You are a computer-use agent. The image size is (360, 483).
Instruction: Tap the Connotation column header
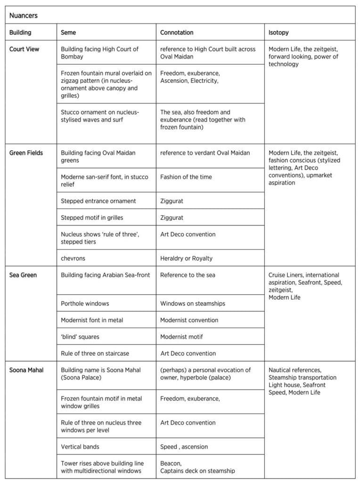pos(177,33)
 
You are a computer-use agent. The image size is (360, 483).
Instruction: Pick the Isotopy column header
pos(278,33)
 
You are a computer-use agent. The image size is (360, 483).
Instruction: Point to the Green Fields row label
pos(26,153)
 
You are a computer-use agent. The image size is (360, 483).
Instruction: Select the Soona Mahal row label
pos(26,370)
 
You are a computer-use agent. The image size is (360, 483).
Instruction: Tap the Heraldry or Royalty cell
pos(186,258)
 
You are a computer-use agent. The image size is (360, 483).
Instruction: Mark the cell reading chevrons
pos(73,258)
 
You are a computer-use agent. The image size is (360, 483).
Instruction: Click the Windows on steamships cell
pos(192,303)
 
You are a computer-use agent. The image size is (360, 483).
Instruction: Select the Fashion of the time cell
pos(186,177)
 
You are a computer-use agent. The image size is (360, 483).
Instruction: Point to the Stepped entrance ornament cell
pos(98,201)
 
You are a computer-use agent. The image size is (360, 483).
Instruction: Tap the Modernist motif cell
pos(183,337)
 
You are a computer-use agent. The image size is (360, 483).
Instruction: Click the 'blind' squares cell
pos(80,337)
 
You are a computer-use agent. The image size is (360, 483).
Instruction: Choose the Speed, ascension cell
pos(184,446)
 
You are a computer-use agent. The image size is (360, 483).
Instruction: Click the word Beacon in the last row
pos(171,463)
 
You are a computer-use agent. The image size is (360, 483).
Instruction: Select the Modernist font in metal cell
pos(92,320)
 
